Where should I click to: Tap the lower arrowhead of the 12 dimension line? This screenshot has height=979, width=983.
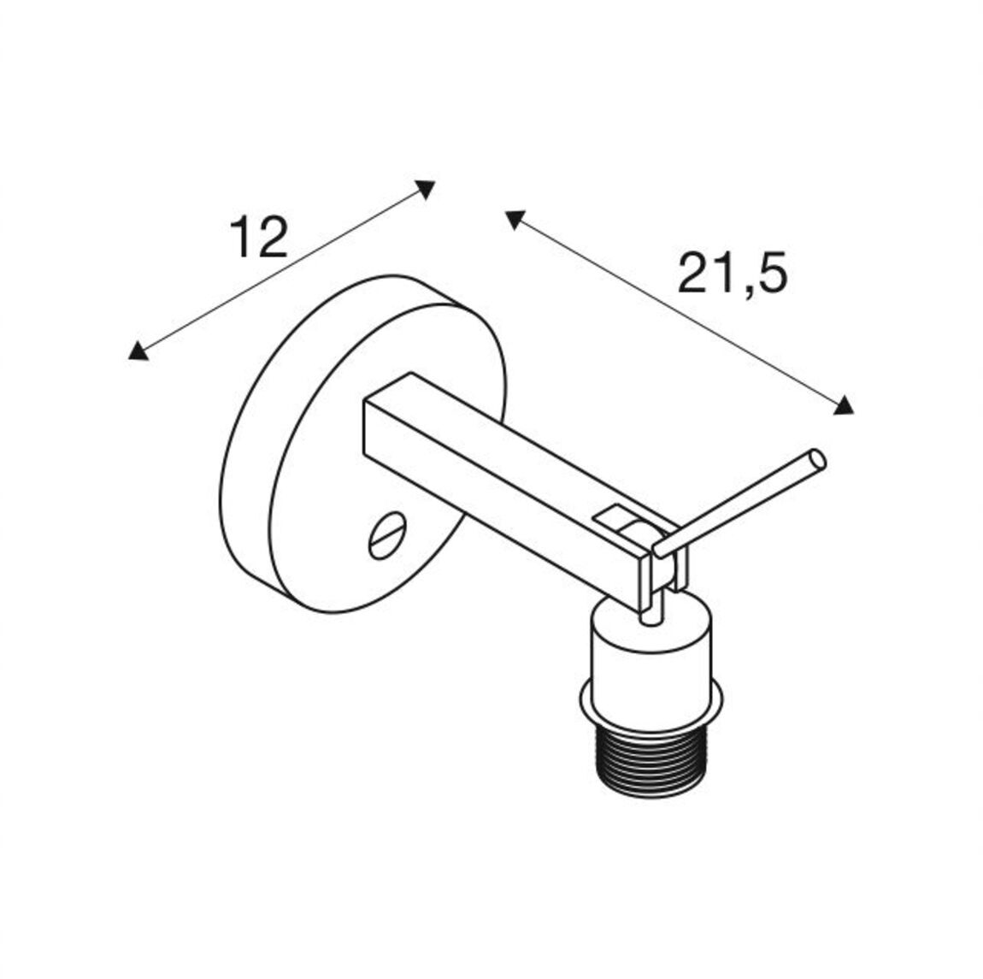[138, 351]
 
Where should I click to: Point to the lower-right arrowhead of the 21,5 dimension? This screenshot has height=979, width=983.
[844, 405]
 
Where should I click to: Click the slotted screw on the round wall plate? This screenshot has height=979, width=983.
[388, 535]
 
